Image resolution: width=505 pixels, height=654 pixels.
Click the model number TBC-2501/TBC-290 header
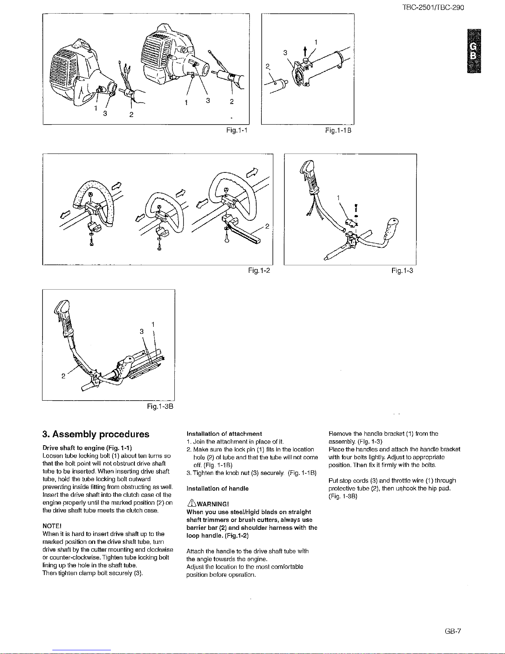point(433,7)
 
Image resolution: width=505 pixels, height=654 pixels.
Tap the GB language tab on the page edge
point(474,51)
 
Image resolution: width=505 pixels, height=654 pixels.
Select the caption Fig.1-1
point(237,130)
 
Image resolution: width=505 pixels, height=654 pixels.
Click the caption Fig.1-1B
point(338,130)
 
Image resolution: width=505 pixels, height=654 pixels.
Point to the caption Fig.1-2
point(259,271)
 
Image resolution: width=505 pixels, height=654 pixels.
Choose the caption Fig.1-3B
point(160,406)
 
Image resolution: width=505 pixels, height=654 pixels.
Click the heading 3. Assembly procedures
point(96,434)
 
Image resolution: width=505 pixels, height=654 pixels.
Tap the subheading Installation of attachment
point(224,434)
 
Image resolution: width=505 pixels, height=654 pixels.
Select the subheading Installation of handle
point(218,489)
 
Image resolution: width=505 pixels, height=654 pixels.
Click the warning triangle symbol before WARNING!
point(191,503)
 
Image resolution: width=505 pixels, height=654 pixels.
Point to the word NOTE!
point(52,526)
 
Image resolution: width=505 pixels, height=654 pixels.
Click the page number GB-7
point(453,631)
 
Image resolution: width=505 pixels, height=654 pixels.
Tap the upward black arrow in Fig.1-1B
point(305,52)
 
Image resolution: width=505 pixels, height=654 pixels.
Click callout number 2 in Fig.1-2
point(267,227)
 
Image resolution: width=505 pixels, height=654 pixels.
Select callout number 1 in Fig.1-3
point(338,198)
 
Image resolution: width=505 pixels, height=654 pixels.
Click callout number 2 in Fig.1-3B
point(63,376)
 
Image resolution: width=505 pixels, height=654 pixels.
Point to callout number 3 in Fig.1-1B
point(285,53)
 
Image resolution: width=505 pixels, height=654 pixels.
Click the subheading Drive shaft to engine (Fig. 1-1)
point(87,448)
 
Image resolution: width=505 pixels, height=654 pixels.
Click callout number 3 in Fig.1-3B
point(141,331)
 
